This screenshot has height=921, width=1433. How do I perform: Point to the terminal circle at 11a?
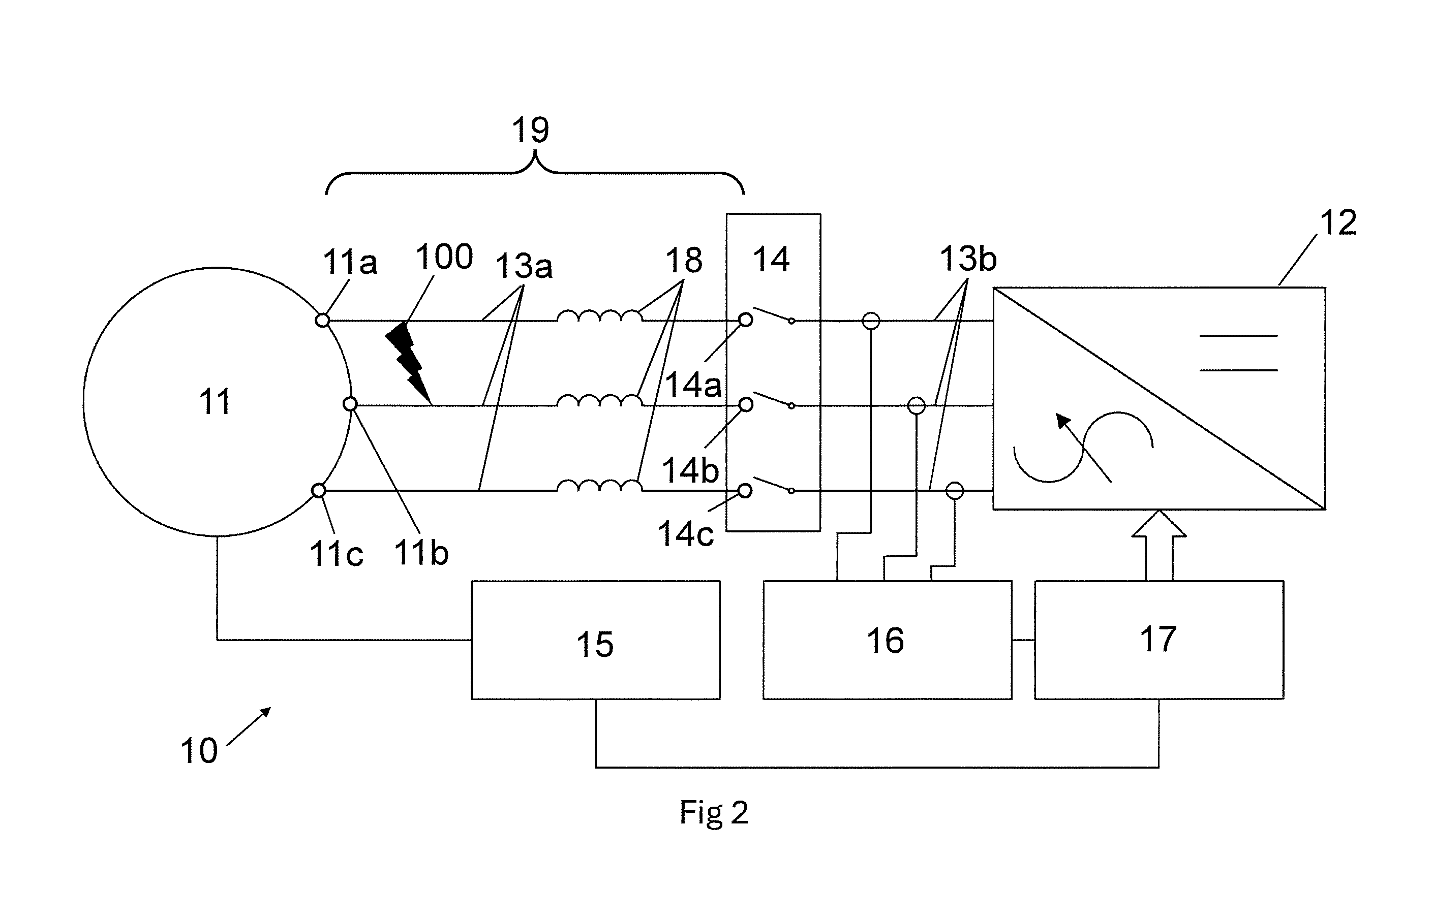click(x=322, y=321)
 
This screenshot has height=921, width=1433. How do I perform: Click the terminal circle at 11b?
click(x=350, y=405)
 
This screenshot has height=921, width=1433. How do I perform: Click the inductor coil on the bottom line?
click(x=599, y=486)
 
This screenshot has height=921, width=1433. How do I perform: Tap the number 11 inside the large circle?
click(x=215, y=401)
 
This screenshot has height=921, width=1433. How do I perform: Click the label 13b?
click(x=968, y=259)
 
